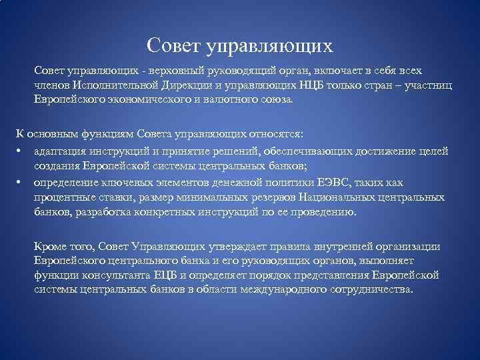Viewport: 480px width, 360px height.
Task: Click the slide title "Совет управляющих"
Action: [239, 45]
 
